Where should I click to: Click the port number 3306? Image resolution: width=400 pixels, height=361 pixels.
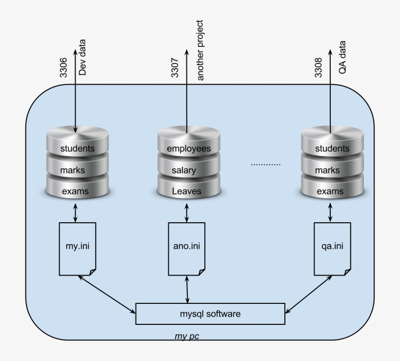point(63,67)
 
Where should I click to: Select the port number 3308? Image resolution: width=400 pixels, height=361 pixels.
point(318,67)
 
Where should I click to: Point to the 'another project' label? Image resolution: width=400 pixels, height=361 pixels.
point(199,50)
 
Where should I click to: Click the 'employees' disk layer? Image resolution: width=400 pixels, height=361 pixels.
point(188,148)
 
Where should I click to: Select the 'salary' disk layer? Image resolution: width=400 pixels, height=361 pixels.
point(183,170)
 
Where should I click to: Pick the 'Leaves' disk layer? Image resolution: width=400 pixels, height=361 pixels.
point(186,191)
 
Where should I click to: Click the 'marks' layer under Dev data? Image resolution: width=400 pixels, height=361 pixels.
point(73,170)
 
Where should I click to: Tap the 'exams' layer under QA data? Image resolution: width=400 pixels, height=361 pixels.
point(330,191)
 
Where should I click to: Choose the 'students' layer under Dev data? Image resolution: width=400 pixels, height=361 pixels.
point(77,148)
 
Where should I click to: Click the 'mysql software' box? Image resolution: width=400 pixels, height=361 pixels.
point(210,314)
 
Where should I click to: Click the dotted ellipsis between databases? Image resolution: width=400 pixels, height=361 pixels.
point(266,165)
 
